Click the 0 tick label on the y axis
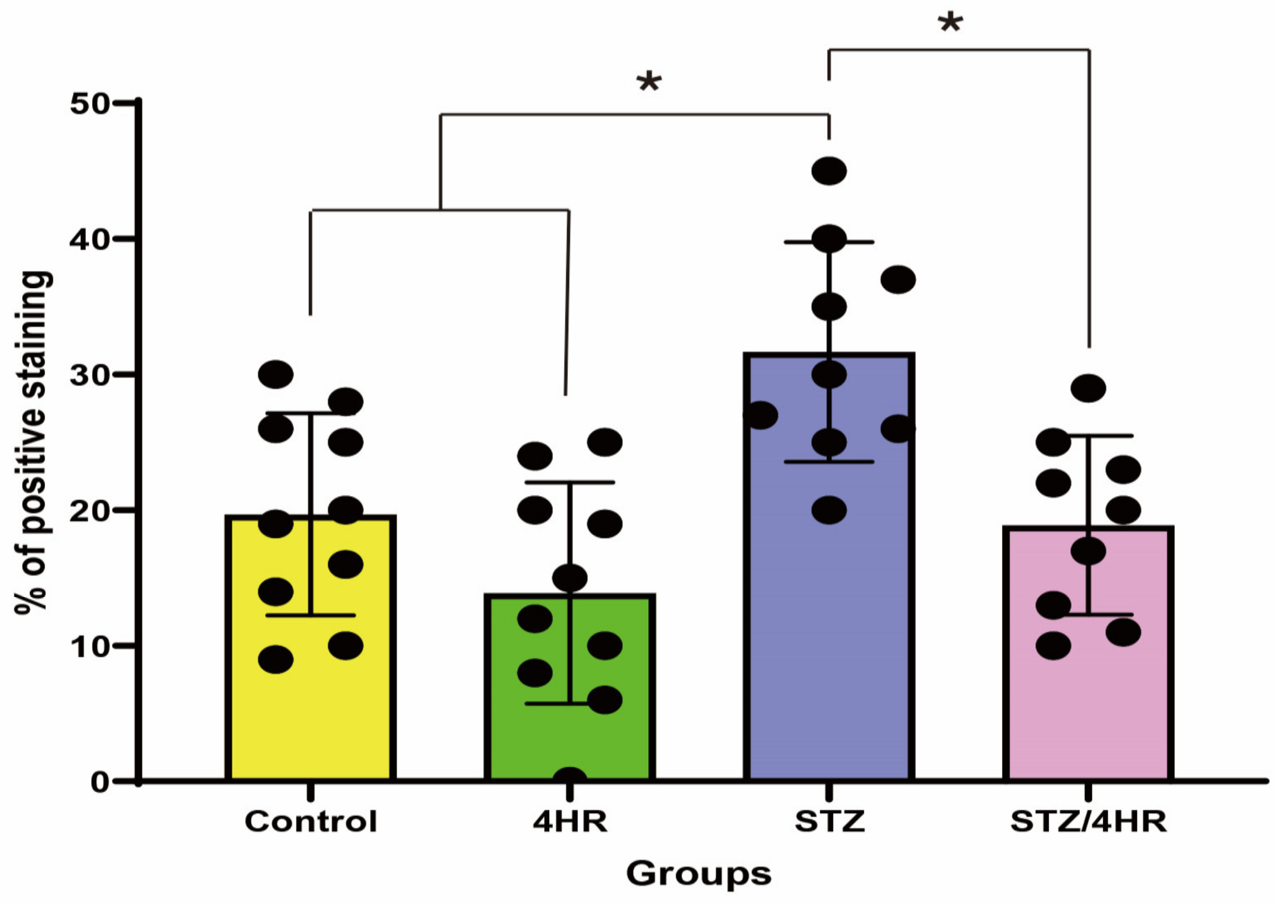(99, 782)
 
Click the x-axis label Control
(311, 821)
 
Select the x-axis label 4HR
(570, 821)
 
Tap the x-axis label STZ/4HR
(1088, 821)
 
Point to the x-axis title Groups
(699, 874)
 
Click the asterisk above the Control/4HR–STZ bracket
(649, 83)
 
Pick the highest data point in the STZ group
(829, 171)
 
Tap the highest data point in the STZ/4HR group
(1088, 388)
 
